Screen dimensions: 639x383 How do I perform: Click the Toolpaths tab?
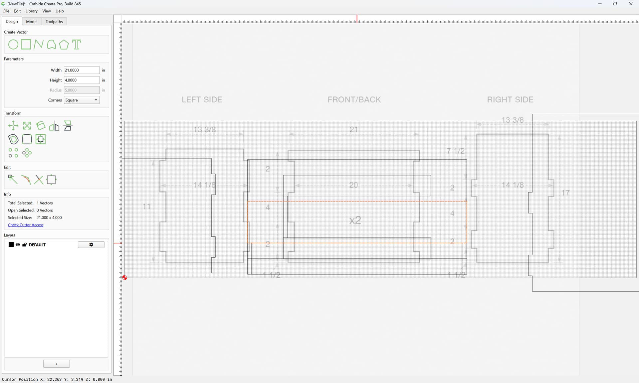(54, 22)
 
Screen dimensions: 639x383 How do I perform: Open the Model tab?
(32, 22)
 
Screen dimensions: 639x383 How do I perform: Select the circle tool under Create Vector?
(13, 45)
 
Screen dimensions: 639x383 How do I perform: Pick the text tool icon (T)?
(77, 45)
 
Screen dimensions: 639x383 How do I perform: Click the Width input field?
(82, 70)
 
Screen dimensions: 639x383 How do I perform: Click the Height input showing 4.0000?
(82, 80)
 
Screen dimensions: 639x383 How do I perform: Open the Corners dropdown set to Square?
(82, 100)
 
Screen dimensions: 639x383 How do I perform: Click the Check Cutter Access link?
(26, 225)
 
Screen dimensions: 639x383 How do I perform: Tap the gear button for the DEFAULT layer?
(91, 245)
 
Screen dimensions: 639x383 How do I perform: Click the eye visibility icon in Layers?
(18, 245)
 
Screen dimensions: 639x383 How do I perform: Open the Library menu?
(32, 11)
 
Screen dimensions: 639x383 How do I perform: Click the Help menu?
(60, 11)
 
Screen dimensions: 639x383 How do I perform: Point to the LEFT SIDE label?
(202, 100)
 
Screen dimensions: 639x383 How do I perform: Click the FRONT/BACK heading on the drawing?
(354, 100)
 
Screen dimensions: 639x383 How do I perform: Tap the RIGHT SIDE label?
(510, 100)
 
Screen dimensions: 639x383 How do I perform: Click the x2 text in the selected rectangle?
(355, 220)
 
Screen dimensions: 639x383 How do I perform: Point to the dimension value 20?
(353, 185)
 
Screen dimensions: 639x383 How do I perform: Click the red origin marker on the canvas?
(124, 278)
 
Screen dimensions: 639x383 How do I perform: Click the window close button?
(631, 4)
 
